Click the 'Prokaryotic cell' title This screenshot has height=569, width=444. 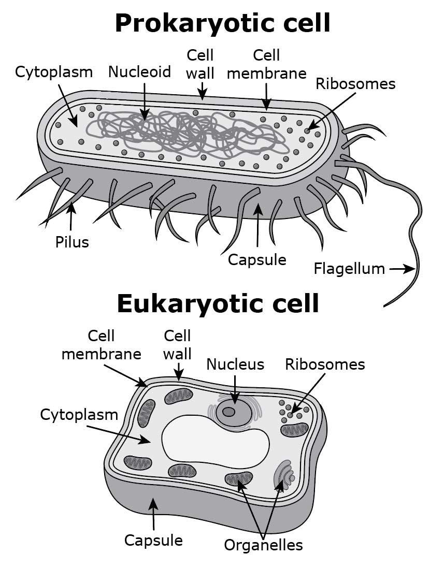coord(222,23)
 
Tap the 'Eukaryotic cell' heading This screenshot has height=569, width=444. coord(218,303)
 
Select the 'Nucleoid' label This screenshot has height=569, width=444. coord(139,72)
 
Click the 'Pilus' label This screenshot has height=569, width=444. coord(72,242)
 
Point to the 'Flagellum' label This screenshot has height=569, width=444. coord(349,269)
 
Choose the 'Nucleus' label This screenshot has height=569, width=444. coord(235,364)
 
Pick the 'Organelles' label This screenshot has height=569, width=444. coord(263,545)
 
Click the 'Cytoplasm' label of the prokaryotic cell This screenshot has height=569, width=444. coord(54,72)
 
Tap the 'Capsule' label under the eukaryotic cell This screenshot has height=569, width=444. coord(153,540)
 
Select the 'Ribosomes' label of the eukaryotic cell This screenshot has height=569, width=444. coord(325,364)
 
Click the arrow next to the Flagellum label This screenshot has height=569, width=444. coord(402,269)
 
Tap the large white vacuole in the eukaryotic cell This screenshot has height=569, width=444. coord(214,441)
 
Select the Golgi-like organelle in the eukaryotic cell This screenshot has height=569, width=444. coord(284,476)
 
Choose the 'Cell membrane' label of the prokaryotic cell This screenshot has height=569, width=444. coord(266,64)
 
